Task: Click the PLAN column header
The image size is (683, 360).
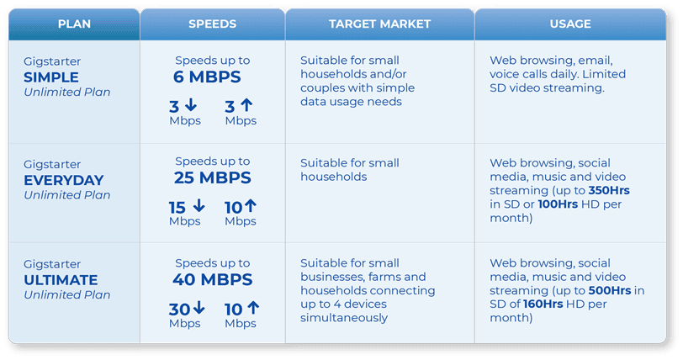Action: click(x=74, y=24)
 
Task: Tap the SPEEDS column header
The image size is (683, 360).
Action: click(x=212, y=24)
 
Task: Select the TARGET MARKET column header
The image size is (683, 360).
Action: click(x=379, y=24)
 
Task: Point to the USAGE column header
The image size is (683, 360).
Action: click(x=570, y=24)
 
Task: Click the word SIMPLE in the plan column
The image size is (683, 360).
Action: click(x=51, y=77)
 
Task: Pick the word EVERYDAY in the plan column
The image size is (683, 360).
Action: click(x=64, y=180)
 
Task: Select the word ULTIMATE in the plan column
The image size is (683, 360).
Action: click(x=61, y=280)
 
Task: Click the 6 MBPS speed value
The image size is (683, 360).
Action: click(x=207, y=77)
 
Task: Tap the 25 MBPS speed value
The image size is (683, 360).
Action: click(x=213, y=177)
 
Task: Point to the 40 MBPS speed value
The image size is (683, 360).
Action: click(x=213, y=279)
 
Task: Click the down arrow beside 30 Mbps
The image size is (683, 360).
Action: click(x=199, y=308)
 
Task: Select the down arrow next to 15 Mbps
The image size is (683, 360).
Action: click(x=199, y=205)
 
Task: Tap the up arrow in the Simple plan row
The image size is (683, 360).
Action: click(x=246, y=104)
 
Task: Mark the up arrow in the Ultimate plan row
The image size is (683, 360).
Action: click(x=253, y=308)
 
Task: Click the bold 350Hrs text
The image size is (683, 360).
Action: click(x=609, y=190)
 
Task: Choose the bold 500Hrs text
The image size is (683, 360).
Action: click(x=610, y=290)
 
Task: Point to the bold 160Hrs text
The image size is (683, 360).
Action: click(x=543, y=304)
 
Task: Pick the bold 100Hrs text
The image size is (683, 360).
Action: click(x=558, y=204)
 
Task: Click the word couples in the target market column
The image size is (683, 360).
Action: click(x=323, y=88)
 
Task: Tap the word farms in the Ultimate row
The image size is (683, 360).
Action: click(x=386, y=277)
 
